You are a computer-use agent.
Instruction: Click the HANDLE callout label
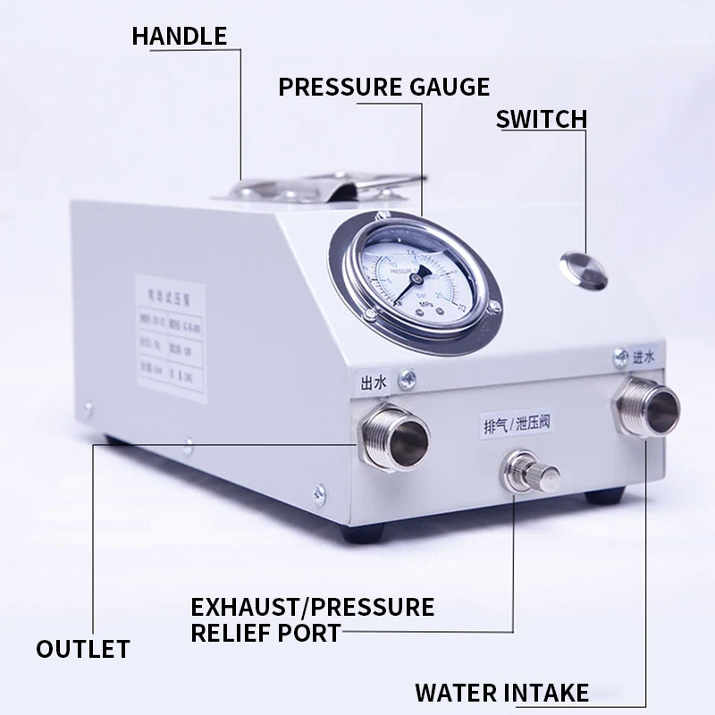click(179, 36)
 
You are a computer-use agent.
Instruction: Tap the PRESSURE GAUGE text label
click(384, 87)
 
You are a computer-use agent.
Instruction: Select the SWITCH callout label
click(541, 119)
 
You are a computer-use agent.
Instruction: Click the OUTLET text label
click(83, 648)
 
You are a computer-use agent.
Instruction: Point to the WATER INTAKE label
click(501, 693)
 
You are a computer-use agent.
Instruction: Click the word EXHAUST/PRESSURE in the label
click(313, 608)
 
